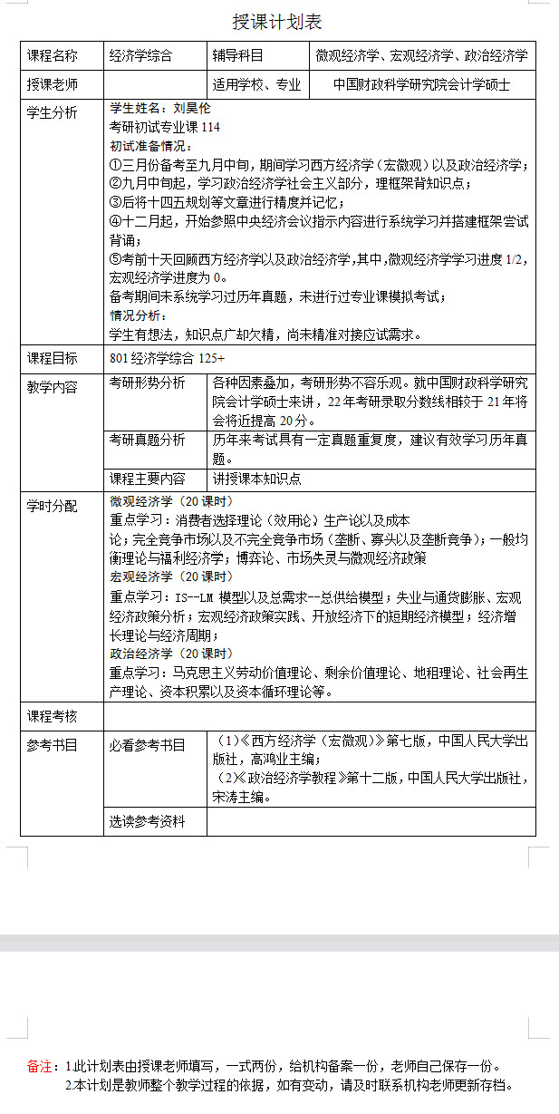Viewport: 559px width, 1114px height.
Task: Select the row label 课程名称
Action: click(53, 56)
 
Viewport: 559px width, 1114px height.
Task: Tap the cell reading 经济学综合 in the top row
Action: click(140, 56)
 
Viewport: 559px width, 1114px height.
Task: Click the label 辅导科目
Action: click(237, 56)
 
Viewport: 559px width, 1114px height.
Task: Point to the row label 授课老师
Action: click(53, 85)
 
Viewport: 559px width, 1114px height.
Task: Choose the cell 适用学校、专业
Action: click(256, 85)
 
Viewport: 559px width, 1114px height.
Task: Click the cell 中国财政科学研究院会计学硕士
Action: click(421, 85)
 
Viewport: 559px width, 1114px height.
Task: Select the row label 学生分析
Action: click(53, 112)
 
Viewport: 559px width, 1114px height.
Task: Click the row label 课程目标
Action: click(53, 358)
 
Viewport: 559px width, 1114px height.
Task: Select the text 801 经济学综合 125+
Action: click(167, 358)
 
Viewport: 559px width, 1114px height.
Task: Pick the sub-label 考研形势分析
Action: click(147, 383)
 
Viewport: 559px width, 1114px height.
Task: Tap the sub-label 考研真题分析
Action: click(147, 440)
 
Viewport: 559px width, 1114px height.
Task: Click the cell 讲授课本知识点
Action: click(257, 479)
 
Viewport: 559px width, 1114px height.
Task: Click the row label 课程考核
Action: click(53, 716)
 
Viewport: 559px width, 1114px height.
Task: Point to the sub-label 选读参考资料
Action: click(147, 821)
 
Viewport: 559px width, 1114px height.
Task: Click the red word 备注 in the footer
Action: click(41, 1066)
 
